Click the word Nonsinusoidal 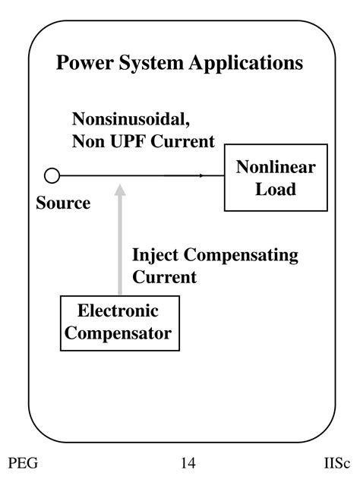[x=124, y=119]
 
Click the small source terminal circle [x=52, y=176]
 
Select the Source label [x=62, y=203]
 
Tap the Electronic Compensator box [x=119, y=323]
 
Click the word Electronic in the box [x=118, y=312]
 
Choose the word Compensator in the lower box [x=119, y=332]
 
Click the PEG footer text [x=23, y=463]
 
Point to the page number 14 [x=188, y=463]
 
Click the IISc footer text [x=336, y=463]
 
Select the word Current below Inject [x=165, y=276]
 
